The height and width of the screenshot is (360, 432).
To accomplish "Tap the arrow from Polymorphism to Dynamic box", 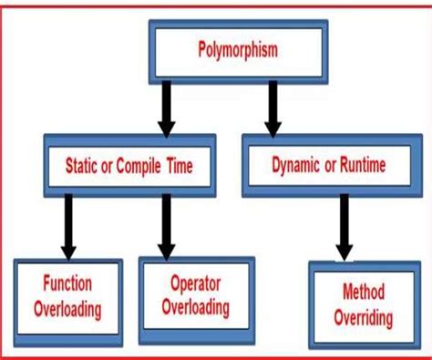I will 272,104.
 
